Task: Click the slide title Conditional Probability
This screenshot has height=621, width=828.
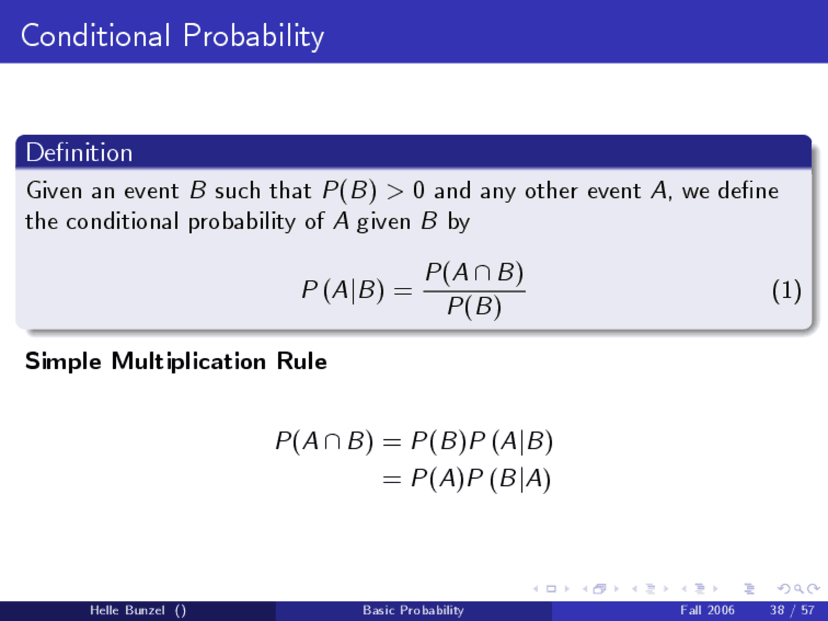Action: pos(172,36)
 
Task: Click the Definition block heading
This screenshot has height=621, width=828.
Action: pos(79,153)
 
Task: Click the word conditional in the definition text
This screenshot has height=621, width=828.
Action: pos(122,222)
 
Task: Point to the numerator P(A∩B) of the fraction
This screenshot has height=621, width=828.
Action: pos(474,273)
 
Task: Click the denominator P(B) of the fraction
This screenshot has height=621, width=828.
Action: pos(474,306)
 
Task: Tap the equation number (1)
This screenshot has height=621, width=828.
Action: pos(786,290)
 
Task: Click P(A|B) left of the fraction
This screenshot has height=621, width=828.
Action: pos(343,290)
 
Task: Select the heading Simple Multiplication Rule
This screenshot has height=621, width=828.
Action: pos(175,361)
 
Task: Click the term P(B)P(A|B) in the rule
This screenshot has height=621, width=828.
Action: pos(482,441)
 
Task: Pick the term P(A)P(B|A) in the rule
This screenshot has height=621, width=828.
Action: pos(481,479)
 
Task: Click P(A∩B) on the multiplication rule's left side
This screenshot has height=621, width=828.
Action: pos(324,441)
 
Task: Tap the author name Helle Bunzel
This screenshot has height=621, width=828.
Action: pos(127,610)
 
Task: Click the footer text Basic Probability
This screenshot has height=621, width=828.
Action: pos(413,610)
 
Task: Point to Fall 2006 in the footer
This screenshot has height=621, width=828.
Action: pos(707,610)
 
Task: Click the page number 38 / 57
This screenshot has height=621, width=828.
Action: pos(792,610)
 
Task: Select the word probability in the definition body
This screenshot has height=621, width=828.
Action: pos(242,222)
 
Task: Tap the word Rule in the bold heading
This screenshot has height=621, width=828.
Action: pos(301,361)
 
